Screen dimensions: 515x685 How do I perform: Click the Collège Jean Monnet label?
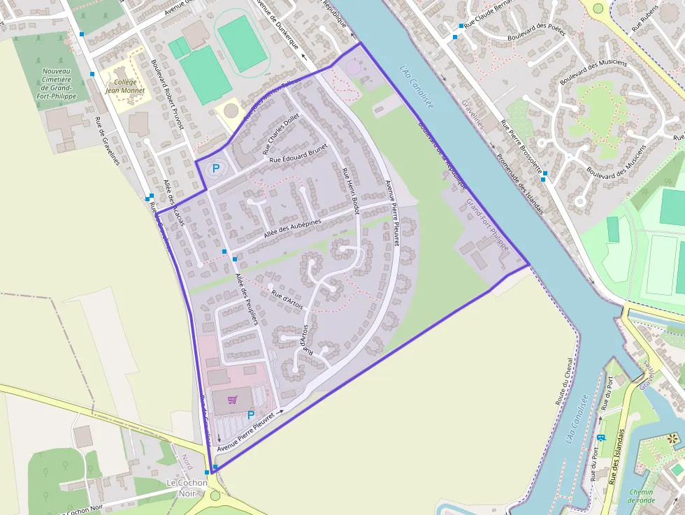(x=125, y=86)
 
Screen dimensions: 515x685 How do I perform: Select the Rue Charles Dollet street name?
(x=280, y=133)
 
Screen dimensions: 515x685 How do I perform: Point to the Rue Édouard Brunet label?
(x=297, y=157)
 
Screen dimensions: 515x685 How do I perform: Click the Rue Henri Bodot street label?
(x=350, y=191)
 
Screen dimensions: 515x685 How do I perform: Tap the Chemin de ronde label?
(x=640, y=495)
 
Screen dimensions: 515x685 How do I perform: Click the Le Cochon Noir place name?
(x=187, y=487)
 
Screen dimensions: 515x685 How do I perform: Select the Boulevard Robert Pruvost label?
(x=166, y=94)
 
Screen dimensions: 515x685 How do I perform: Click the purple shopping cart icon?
(x=232, y=400)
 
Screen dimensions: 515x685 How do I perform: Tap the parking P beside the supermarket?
(x=251, y=415)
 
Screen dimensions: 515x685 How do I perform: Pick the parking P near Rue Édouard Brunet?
(x=215, y=168)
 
